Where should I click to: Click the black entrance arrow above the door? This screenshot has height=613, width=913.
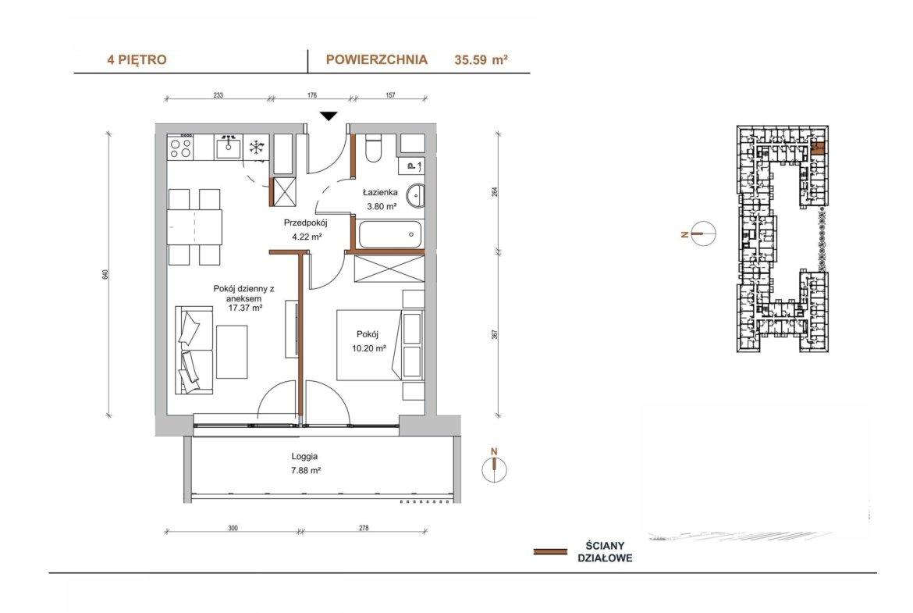(329, 116)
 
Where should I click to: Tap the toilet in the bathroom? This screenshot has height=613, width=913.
(373, 148)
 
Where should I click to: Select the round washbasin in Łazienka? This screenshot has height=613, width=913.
(415, 195)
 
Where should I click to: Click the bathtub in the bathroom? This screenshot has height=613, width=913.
(389, 234)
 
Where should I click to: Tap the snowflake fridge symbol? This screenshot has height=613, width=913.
(256, 147)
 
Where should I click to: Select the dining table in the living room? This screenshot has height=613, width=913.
(194, 226)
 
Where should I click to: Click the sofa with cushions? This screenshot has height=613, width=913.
(194, 350)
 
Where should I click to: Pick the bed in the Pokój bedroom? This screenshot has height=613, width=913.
(370, 345)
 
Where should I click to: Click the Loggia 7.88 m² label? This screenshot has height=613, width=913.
(306, 464)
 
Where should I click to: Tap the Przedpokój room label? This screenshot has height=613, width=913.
(306, 222)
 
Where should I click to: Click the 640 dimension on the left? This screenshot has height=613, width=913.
(105, 274)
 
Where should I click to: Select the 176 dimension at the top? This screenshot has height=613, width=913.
(312, 95)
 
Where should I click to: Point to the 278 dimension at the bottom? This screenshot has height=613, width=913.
(364, 529)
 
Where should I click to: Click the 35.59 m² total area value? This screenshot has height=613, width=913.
(481, 59)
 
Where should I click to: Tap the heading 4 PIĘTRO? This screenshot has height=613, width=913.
(137, 59)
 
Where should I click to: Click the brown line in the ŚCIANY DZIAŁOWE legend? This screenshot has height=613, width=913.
(550, 551)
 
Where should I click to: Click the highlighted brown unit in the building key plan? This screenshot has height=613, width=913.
(818, 148)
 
